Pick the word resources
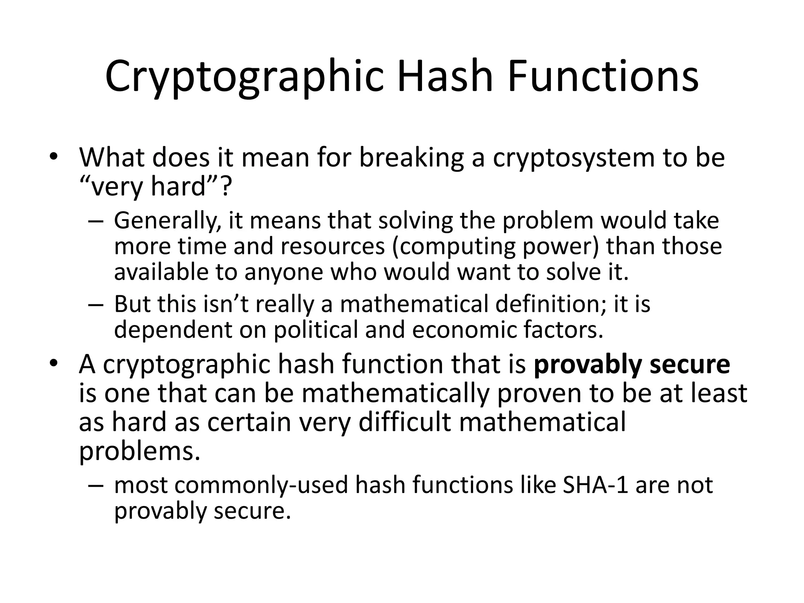tap(333, 247)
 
